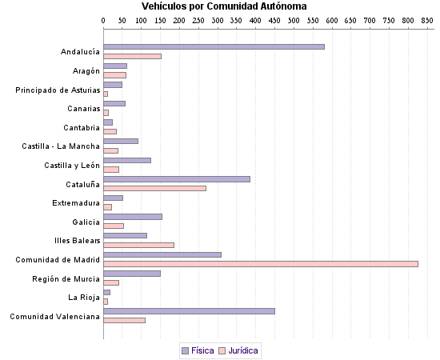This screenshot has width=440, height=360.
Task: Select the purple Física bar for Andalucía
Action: (x=214, y=46)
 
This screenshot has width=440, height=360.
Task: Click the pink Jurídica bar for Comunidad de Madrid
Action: (x=261, y=263)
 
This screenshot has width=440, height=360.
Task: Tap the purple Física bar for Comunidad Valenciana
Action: (x=189, y=311)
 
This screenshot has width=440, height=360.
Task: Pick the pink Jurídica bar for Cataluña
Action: (x=154, y=188)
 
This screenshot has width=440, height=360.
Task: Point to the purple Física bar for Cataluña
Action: (x=177, y=179)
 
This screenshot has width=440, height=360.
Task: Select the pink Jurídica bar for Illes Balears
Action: (x=138, y=245)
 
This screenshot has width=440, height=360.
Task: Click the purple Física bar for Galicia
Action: (x=133, y=217)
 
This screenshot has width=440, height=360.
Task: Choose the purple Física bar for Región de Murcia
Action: (x=132, y=274)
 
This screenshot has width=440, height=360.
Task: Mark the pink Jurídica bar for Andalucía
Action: (x=132, y=56)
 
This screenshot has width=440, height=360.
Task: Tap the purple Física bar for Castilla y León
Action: (x=127, y=160)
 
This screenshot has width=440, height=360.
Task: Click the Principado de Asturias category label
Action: (x=58, y=90)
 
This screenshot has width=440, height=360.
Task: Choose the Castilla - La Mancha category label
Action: (x=61, y=146)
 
